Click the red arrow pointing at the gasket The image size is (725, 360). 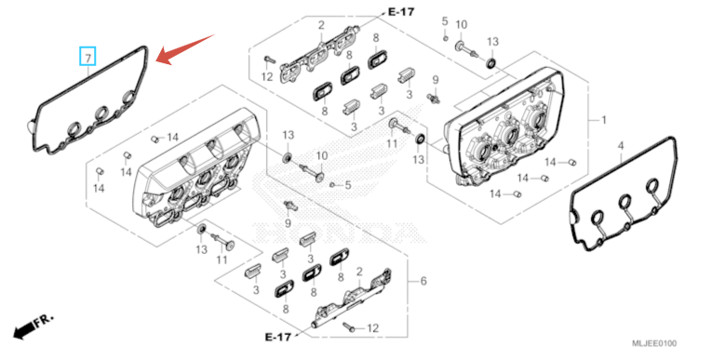click(x=185, y=49)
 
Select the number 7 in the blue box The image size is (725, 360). click(x=87, y=58)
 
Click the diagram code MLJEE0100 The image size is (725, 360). click(x=654, y=343)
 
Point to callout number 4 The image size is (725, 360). click(x=621, y=146)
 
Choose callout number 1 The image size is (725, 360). click(x=603, y=120)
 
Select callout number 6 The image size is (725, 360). click(x=423, y=281)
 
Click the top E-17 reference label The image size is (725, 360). click(x=400, y=11)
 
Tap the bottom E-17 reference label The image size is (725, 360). click(x=278, y=337)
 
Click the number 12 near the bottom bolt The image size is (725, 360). click(x=372, y=328)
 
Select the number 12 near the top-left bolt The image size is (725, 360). click(x=267, y=76)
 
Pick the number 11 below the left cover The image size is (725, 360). click(x=222, y=260)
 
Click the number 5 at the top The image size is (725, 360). click(x=445, y=20)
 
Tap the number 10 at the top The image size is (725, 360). click(x=462, y=24)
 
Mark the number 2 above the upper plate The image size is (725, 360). click(x=321, y=25)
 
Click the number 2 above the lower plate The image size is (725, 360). click(x=359, y=272)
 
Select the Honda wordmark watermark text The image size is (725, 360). click(x=332, y=232)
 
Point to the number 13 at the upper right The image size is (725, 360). click(x=492, y=42)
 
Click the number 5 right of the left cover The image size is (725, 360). click(x=348, y=185)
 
